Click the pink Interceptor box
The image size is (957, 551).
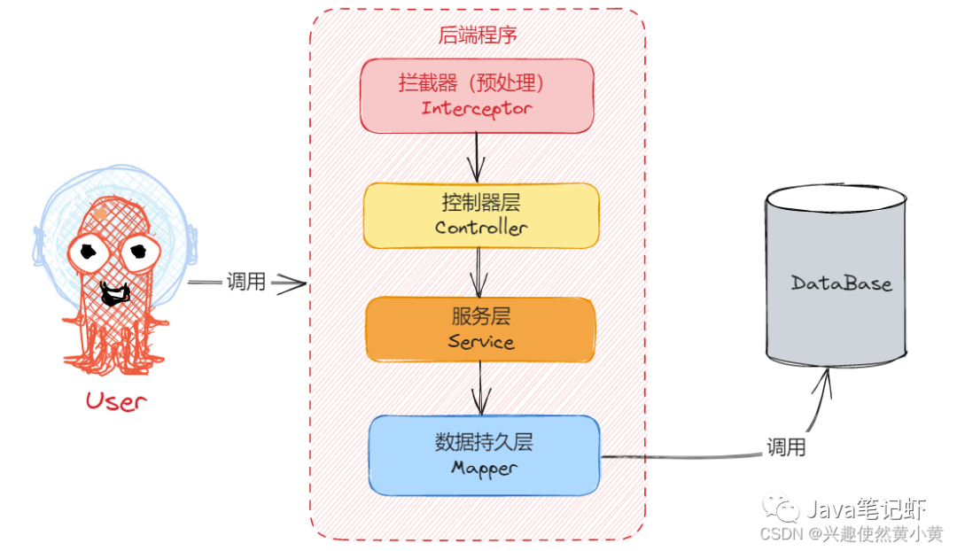point(477,95)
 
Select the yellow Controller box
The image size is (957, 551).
point(481,214)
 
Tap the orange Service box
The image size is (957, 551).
point(480,329)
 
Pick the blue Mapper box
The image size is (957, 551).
point(484,454)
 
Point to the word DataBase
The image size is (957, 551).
point(841,283)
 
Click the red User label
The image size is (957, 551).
point(115,400)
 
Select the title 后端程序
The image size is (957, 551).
point(478,35)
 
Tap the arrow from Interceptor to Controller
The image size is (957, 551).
point(478,156)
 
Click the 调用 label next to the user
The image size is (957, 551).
point(245,283)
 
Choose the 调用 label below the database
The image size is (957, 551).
point(786,447)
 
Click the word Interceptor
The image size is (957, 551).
point(477,109)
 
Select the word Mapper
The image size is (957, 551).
point(483,467)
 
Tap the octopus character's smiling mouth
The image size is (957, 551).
point(113,291)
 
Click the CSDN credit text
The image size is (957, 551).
point(839,534)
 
